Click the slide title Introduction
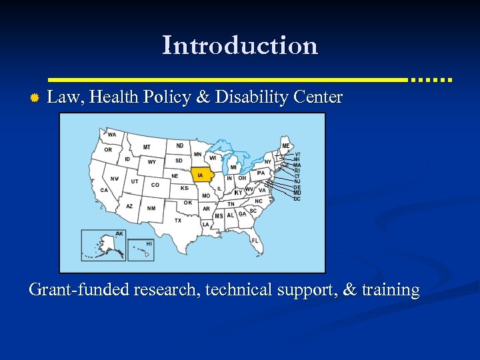pos(240,45)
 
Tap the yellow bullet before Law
pos(35,99)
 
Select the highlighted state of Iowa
pos(201,175)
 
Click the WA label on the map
pos(111,135)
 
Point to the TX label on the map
pos(177,220)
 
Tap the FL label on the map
pos(255,240)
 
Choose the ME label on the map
pos(286,146)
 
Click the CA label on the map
pos(104,190)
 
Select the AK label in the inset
pos(119,234)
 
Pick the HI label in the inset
pos(149,244)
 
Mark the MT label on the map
pos(147,147)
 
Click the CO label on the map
pos(155,185)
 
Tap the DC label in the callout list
pos(297,199)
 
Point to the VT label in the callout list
pos(297,154)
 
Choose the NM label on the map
pos(151,208)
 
